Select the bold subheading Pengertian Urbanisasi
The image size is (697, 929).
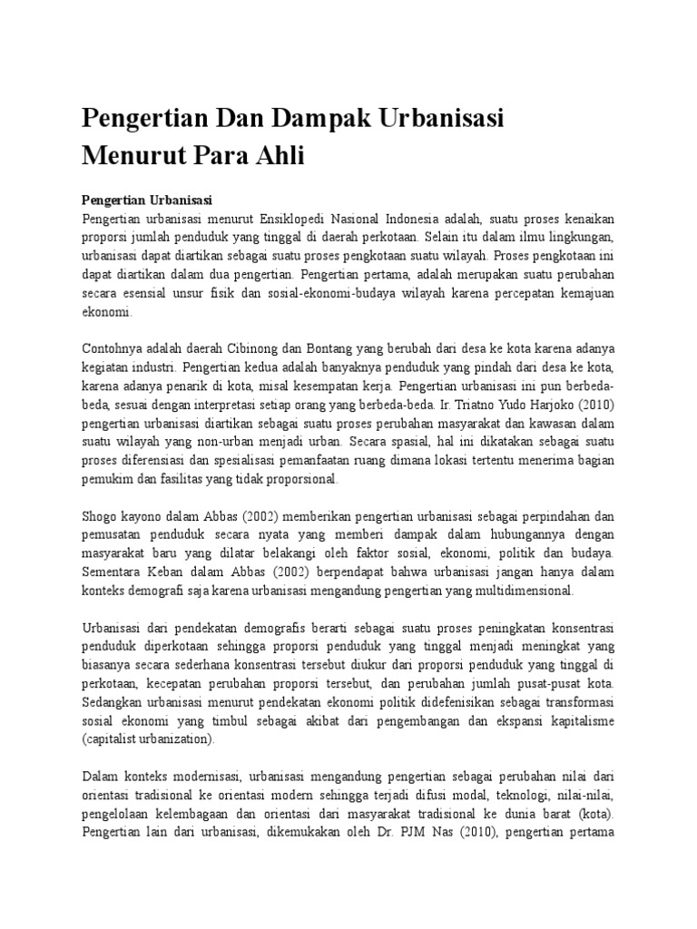pos(146,200)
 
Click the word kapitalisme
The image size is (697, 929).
pos(577,721)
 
